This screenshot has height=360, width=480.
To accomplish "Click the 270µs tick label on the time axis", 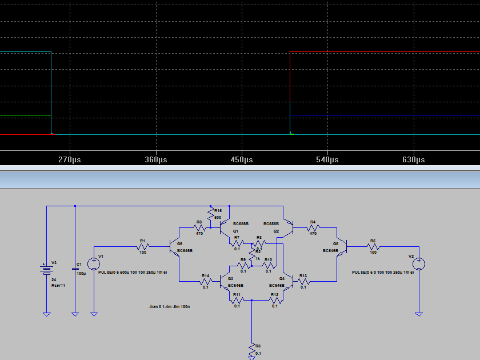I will coord(70,160).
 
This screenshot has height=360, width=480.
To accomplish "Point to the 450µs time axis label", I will coord(242,160).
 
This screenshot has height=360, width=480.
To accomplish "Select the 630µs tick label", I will coord(414,160).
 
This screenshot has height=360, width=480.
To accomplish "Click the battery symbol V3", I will coord(46,269).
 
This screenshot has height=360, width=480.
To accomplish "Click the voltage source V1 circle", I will coord(94,263).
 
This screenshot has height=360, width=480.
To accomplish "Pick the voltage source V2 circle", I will coord(419,263).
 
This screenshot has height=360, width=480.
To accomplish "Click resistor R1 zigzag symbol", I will coord(142,247).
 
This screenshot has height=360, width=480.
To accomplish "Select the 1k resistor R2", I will coord(251,258).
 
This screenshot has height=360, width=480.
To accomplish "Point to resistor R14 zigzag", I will coord(205,282).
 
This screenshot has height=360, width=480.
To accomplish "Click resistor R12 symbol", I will coord(275,300).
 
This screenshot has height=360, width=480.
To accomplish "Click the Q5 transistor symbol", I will coord(342,247).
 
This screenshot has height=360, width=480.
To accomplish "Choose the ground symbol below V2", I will coord(419,314).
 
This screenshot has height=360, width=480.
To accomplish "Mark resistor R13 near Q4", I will coord(303,282).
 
